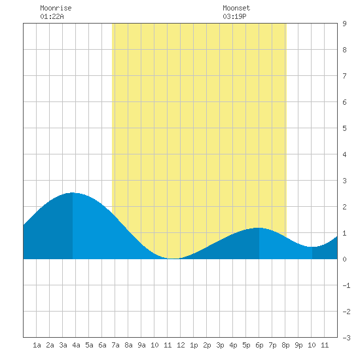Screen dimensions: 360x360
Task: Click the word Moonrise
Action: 56,8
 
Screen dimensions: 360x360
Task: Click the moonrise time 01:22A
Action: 52,16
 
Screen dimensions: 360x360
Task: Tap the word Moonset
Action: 236,8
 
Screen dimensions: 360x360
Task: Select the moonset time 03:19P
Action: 234,16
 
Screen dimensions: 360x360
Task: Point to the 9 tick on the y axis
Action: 344,24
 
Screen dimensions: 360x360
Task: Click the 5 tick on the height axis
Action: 344,128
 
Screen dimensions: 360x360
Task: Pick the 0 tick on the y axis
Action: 344,259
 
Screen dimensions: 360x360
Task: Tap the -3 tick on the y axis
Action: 346,338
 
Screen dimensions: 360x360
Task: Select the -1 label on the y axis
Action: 346,285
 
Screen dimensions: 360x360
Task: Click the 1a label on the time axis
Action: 37,345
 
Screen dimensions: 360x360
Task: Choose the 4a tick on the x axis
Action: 76,345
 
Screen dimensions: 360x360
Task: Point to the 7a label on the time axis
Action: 115,345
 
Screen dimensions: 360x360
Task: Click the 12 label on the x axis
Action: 181,345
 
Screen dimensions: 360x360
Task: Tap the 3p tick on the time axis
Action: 220,345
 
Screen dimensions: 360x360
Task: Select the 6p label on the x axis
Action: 259,345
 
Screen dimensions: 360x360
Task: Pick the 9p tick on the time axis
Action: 298,345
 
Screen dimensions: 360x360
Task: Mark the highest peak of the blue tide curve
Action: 73,193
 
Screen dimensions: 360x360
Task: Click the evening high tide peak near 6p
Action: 259,228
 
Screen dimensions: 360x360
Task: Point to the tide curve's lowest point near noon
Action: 174,259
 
